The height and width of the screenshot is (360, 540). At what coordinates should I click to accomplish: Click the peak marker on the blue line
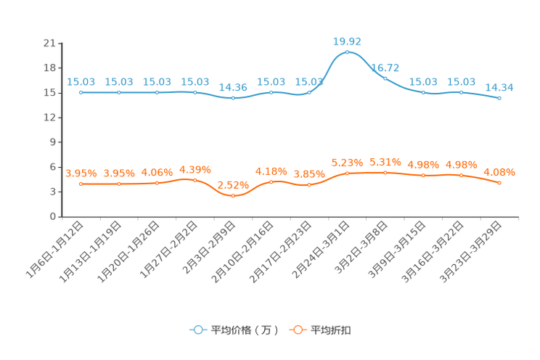[348, 52]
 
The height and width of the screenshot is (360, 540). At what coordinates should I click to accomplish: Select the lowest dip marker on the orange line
[233, 196]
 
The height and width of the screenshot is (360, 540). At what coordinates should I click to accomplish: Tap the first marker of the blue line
[81, 93]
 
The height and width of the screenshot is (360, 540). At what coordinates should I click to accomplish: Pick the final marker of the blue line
[499, 99]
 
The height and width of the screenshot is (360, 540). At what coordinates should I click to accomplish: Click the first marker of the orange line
[81, 184]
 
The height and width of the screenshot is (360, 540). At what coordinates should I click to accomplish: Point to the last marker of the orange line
[499, 183]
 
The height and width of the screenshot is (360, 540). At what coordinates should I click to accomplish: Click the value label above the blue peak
[347, 41]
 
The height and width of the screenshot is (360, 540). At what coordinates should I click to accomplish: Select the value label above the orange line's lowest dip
[233, 184]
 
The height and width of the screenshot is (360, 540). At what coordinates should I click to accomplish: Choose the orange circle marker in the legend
[298, 330]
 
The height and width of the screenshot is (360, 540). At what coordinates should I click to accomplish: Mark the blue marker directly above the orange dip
[233, 98]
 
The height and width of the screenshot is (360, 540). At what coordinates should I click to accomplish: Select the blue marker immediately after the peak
[385, 78]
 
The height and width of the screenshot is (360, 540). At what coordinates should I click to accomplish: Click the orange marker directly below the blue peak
[348, 173]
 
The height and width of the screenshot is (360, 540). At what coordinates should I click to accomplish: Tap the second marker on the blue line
[119, 93]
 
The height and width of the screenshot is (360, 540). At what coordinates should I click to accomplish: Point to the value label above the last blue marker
[499, 87]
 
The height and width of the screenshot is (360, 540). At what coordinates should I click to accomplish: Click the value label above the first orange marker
[81, 173]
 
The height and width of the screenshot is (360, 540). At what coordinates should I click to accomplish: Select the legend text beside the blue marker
[244, 330]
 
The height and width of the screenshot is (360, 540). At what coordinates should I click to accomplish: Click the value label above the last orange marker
[499, 172]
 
